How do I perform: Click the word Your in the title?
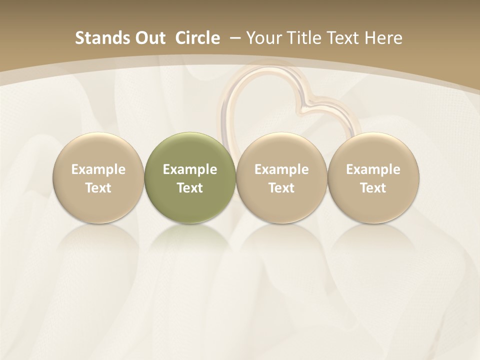click(x=263, y=38)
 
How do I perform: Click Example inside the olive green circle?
click(x=190, y=169)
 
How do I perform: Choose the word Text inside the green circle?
click(x=190, y=188)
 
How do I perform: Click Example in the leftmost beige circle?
click(x=98, y=169)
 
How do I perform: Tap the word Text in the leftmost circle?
click(x=98, y=188)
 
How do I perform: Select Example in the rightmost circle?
click(x=373, y=169)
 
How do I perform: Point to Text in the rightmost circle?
click(x=373, y=188)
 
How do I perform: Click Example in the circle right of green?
click(x=281, y=169)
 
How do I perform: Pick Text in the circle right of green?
click(x=281, y=188)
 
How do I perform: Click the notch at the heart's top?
click(x=306, y=100)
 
